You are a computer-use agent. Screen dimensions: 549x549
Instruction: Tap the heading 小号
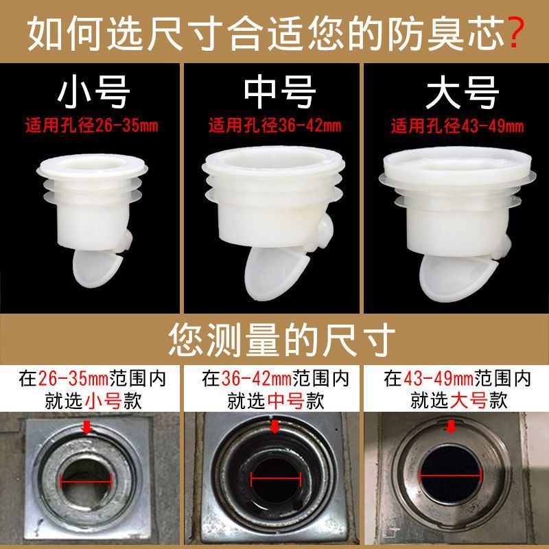point(93,93)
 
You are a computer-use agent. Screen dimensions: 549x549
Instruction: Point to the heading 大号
point(462,93)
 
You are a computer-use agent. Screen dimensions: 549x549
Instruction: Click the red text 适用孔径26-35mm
point(92,126)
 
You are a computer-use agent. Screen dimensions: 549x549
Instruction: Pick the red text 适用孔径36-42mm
point(275,126)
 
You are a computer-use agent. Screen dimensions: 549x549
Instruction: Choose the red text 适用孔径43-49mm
point(457,126)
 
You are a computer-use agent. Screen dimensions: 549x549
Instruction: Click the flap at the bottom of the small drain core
point(97,268)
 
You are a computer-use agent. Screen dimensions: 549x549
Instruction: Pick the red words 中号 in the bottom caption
point(286,401)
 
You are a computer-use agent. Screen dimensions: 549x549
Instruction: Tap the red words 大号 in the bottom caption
point(469,401)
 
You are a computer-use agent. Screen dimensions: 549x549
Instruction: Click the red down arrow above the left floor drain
point(87,427)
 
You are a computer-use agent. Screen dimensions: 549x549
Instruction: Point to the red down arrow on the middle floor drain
point(275,426)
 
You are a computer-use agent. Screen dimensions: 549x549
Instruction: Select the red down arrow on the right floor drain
point(452,426)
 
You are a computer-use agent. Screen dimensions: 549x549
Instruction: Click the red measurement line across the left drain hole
point(86,481)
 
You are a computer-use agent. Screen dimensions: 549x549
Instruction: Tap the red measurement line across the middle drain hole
point(276,478)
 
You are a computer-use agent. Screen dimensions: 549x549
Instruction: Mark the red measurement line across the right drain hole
point(451,475)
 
